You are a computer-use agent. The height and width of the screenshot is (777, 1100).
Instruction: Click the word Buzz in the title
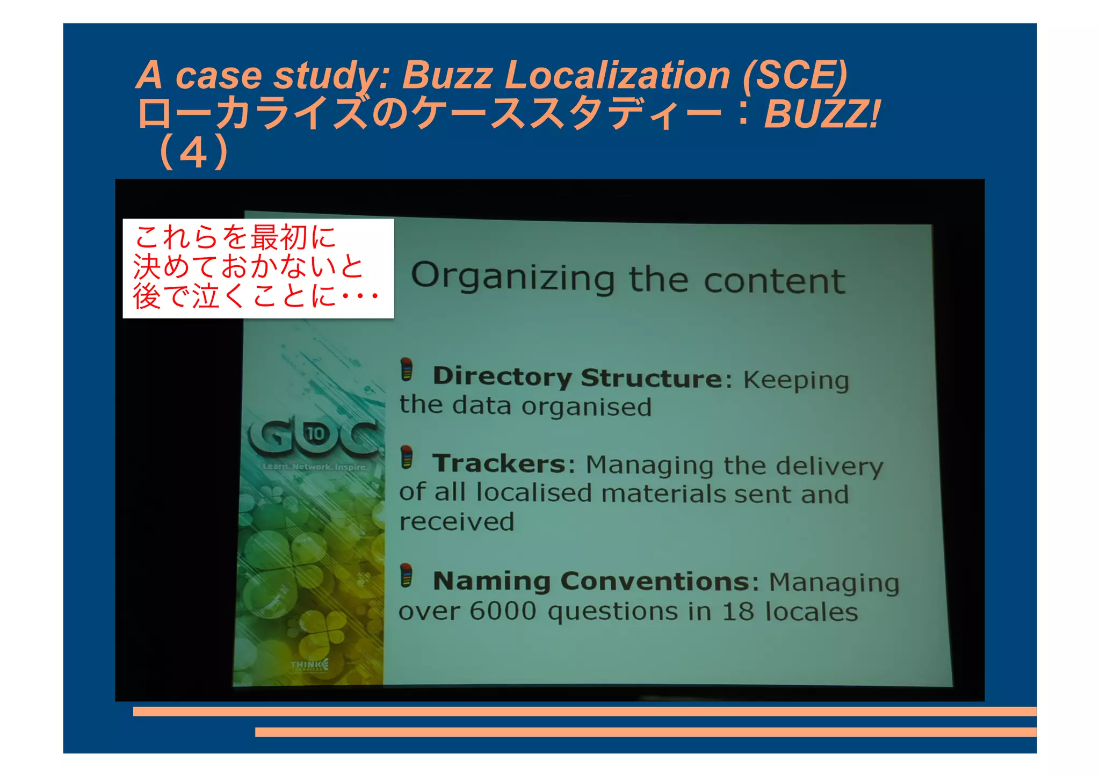click(447, 75)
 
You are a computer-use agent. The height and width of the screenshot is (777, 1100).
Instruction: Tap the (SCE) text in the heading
click(795, 75)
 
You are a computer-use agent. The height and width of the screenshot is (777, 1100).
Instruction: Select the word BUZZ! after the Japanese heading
click(822, 114)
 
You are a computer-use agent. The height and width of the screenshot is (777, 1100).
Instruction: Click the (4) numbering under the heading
click(194, 153)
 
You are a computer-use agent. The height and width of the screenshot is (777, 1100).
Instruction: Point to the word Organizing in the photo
click(512, 277)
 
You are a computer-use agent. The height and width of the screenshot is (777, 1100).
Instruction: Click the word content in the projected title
click(774, 281)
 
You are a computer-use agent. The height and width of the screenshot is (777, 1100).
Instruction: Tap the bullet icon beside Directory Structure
click(407, 370)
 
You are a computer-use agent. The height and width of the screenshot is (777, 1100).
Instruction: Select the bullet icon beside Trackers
click(407, 458)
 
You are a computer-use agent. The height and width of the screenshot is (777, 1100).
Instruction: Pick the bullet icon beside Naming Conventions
click(407, 576)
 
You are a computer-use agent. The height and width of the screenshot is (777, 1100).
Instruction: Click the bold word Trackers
click(499, 463)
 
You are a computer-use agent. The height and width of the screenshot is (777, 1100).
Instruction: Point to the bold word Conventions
click(655, 581)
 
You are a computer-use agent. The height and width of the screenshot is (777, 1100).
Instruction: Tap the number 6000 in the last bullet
click(503, 611)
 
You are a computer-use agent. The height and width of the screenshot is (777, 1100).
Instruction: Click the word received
click(457, 521)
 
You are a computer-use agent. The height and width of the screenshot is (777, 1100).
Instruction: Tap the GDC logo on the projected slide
click(314, 435)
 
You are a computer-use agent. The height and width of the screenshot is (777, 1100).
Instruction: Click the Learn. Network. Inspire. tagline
click(315, 467)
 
